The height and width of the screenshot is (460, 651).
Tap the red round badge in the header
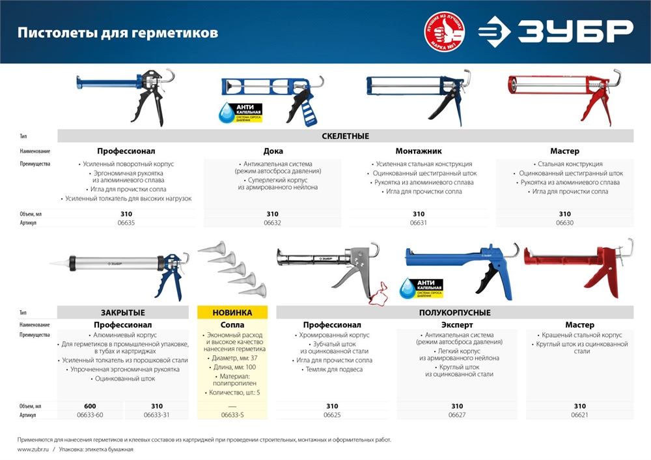[x=447, y=32]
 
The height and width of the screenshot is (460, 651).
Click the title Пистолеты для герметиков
[x=117, y=33]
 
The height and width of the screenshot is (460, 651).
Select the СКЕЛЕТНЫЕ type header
[x=345, y=136]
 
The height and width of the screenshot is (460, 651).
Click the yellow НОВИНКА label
[x=233, y=312]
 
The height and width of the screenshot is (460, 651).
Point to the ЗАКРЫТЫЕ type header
[x=124, y=312]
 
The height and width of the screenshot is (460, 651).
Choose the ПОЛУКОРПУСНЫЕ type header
[x=454, y=312]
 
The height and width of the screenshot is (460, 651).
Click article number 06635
[x=126, y=223]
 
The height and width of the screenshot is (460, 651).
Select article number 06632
[x=272, y=223]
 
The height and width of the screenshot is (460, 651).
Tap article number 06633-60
[x=90, y=415]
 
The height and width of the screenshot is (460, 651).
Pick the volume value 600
[x=90, y=406]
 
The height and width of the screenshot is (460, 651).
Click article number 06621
[x=579, y=415]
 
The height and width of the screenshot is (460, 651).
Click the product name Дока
[x=273, y=151]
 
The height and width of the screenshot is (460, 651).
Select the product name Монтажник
[x=419, y=151]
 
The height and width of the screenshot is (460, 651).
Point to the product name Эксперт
[x=457, y=324]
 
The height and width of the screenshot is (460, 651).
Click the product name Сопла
[x=233, y=324]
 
